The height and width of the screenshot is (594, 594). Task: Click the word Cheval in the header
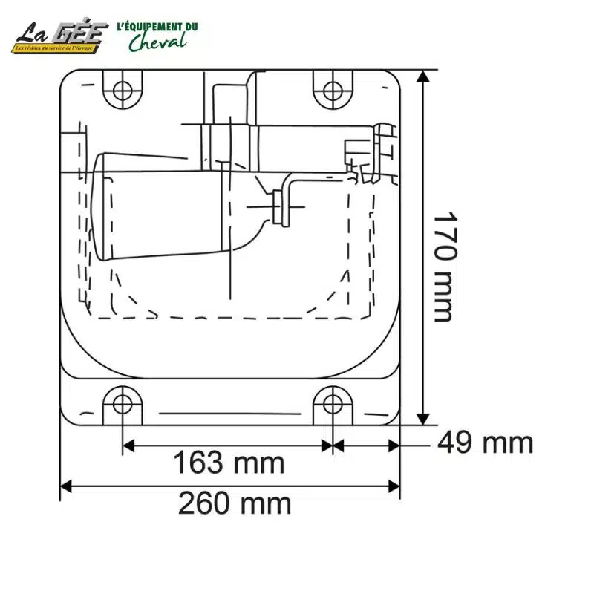pos(157,42)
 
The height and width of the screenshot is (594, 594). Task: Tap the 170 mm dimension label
pos(443,267)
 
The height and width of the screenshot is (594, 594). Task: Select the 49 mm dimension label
pos(485,443)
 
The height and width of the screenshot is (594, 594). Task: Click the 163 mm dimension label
pos(229,463)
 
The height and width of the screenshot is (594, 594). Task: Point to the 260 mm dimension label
pos(234,504)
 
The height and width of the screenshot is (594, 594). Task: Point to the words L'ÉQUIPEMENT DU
pos(157,27)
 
